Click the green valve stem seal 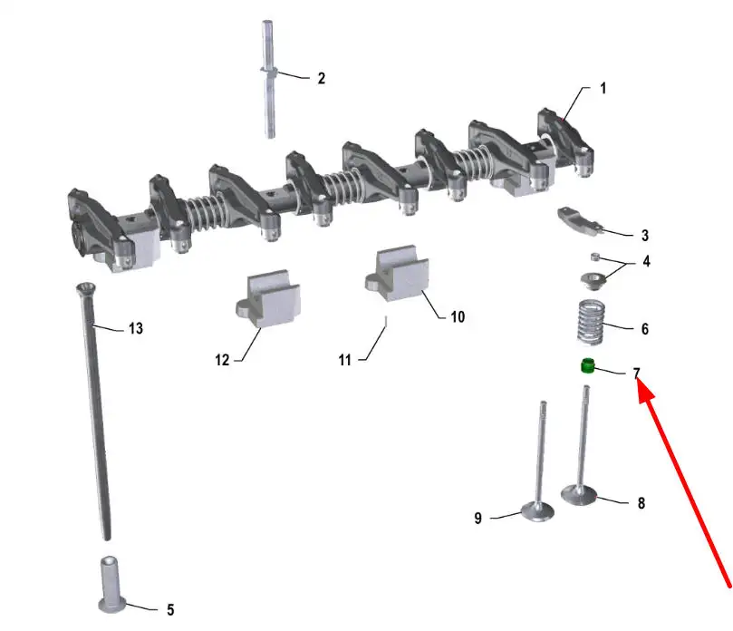(588, 365)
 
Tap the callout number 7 (636, 373)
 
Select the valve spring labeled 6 (591, 322)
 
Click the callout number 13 (136, 328)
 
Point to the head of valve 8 (579, 495)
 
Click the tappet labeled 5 (111, 584)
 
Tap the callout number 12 (222, 360)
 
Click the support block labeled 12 (268, 298)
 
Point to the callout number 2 (321, 78)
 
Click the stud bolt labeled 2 (268, 79)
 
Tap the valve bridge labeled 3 (580, 219)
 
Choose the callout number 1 (603, 88)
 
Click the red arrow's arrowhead (645, 392)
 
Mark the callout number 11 (345, 360)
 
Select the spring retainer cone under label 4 (593, 282)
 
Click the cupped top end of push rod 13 (86, 287)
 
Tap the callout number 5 (170, 609)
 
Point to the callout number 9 (477, 518)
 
